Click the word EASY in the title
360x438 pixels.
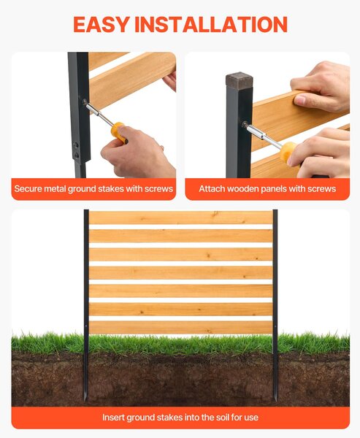click(x=102, y=24)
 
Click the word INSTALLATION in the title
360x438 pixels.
click(x=211, y=24)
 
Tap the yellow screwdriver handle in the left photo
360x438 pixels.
click(x=119, y=132)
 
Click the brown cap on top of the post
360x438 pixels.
click(x=240, y=80)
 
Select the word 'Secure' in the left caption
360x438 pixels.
click(x=28, y=189)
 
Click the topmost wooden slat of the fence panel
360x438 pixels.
click(x=180, y=218)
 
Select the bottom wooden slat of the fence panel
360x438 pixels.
click(x=180, y=327)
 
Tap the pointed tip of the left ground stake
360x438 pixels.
click(x=85, y=400)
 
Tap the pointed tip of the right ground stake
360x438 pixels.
click(x=275, y=400)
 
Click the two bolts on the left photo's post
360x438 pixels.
click(x=76, y=150)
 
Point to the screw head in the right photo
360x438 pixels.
click(x=245, y=124)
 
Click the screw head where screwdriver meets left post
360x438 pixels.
click(x=84, y=102)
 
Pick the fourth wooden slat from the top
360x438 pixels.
click(x=180, y=272)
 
